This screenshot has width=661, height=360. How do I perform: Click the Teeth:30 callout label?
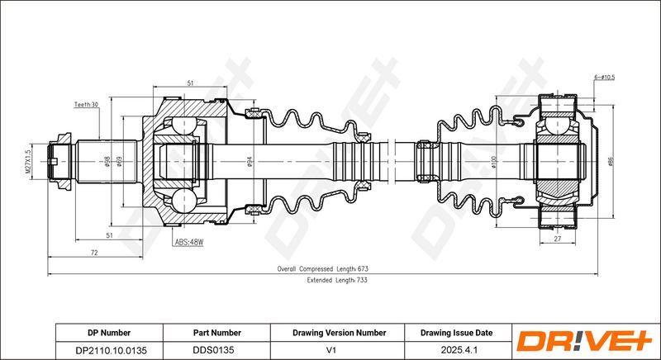click(x=86, y=104)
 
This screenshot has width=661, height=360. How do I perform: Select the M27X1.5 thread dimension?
click(x=29, y=162)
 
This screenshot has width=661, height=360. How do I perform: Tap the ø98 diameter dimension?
click(x=107, y=161)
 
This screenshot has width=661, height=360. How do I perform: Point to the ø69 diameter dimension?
click(x=119, y=161)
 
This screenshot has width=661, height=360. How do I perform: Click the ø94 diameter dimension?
click(x=250, y=161)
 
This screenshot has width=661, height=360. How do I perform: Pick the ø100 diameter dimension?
click(x=494, y=162)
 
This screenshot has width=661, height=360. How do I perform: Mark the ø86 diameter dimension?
click(x=611, y=162)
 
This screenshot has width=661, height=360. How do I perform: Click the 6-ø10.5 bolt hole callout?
click(x=604, y=78)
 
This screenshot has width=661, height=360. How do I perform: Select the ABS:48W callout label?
click(x=189, y=242)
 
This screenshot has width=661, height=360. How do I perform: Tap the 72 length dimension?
click(x=94, y=253)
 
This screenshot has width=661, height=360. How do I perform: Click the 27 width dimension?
click(x=557, y=239)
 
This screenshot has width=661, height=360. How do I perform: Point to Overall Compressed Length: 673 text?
click(x=322, y=268)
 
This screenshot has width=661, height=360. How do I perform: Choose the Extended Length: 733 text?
click(x=337, y=280)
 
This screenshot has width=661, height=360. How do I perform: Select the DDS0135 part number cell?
click(x=213, y=350)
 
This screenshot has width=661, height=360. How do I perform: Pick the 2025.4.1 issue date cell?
click(x=459, y=350)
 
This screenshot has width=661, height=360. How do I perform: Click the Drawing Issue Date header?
click(x=456, y=333)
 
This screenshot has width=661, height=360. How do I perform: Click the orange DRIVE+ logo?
click(x=584, y=341)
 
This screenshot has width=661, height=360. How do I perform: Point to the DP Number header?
click(x=109, y=333)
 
